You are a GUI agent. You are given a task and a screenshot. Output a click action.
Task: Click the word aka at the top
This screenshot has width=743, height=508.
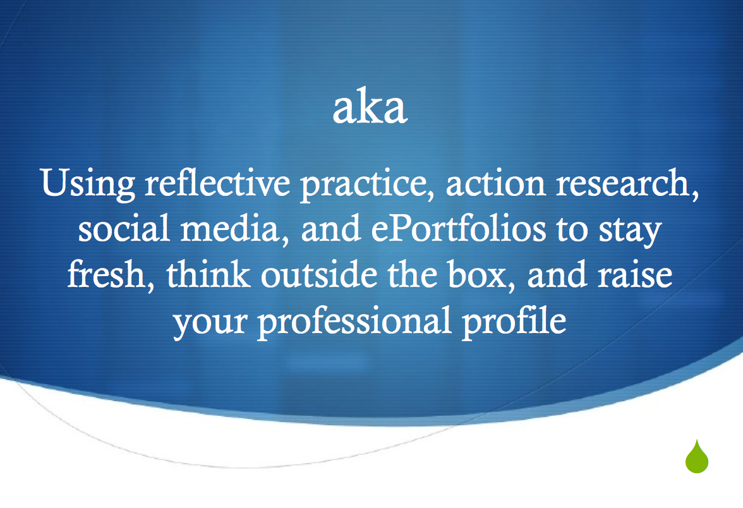point(370,106)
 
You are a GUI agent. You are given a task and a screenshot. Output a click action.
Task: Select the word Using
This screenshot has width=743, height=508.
point(88,183)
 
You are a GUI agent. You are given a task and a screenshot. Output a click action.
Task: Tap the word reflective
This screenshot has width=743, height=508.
point(217,182)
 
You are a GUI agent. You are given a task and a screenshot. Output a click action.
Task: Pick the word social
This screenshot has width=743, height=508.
point(124,228)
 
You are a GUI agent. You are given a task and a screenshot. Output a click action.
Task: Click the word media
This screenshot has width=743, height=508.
point(234,229)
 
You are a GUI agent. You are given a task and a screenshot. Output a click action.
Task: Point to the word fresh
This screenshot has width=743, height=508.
point(111,274)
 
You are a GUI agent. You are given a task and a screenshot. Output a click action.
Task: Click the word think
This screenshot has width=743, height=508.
point(208,274)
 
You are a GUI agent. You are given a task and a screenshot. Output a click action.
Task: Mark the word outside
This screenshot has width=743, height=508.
point(319,274)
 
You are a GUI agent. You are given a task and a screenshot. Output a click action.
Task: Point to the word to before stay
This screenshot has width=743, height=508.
point(572,230)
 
